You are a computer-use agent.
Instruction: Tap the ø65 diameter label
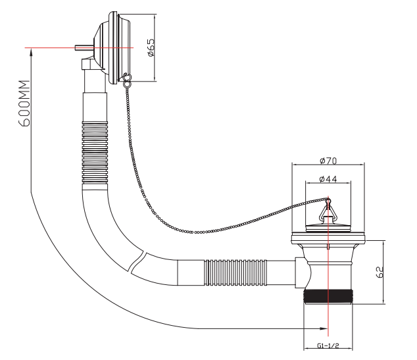pyautogui.click(x=151, y=48)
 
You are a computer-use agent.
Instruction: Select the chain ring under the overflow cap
pyautogui.click(x=125, y=80)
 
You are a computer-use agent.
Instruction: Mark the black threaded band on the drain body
pyautogui.click(x=328, y=297)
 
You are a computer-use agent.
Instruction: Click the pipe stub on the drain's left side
pyautogui.click(x=300, y=270)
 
